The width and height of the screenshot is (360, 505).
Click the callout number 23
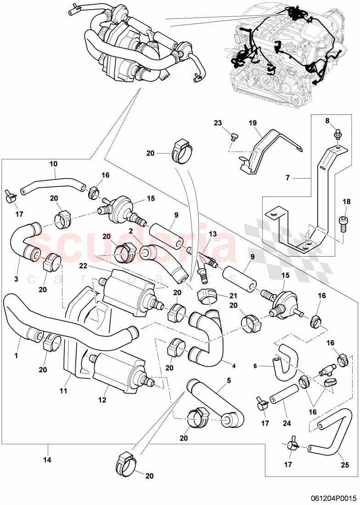tap(218, 123)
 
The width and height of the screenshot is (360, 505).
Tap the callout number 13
tap(212, 234)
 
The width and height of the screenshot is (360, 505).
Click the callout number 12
tap(102, 400)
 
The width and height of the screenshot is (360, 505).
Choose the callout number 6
tap(256, 366)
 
